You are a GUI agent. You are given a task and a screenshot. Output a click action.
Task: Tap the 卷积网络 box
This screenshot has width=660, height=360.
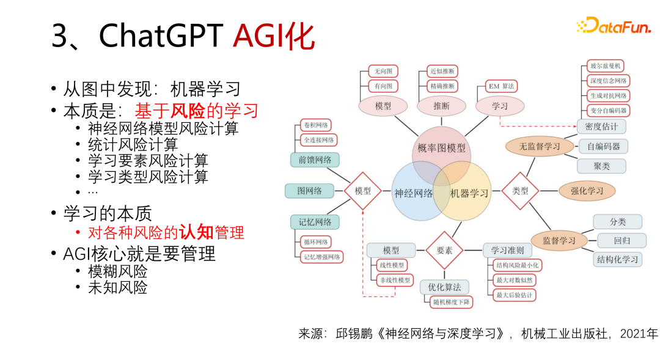click(x=315, y=125)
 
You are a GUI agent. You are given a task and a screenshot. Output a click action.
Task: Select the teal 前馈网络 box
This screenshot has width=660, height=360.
click(x=315, y=160)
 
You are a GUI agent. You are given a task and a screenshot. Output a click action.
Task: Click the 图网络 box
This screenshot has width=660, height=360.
click(x=309, y=191)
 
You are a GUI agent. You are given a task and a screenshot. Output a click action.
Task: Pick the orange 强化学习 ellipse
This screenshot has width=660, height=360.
click(x=587, y=191)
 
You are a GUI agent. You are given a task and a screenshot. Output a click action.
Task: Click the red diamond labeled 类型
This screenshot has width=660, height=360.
click(x=520, y=191)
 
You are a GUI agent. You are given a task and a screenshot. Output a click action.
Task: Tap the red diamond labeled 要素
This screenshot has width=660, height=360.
click(x=444, y=251)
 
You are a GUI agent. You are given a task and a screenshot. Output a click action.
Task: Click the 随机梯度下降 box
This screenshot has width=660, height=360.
click(x=452, y=302)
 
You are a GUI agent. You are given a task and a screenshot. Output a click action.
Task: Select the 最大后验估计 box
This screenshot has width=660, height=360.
click(x=514, y=295)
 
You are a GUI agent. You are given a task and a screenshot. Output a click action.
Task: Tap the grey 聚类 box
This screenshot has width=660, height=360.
click(x=601, y=166)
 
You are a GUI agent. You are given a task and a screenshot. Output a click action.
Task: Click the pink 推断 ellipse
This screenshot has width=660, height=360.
click(x=441, y=106)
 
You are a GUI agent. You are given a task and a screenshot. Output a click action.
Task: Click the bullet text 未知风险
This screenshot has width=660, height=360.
click(x=117, y=287)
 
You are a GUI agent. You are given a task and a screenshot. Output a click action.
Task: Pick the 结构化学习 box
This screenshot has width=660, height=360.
click(x=617, y=259)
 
